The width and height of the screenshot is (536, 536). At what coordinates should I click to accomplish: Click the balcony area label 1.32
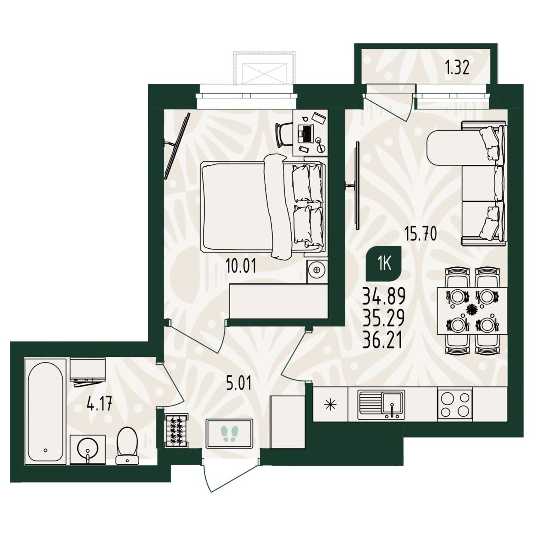point(457,68)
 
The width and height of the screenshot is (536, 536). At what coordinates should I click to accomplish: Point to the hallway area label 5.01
point(239,383)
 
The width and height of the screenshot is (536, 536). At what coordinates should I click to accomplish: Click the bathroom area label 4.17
point(99,404)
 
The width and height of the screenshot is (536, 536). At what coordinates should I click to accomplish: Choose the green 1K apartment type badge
point(384,263)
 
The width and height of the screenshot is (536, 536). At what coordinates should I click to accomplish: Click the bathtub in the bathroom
point(46,411)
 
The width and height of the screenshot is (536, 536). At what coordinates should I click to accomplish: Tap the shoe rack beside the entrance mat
point(177,431)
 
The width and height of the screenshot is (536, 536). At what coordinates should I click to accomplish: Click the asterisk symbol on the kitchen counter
point(331,404)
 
